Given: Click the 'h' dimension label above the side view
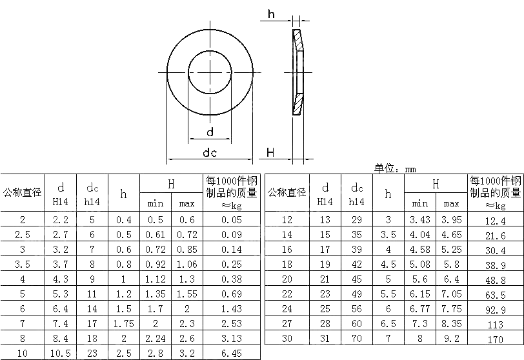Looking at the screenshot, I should [x=271, y=14].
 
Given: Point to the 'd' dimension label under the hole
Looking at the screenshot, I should [x=210, y=132].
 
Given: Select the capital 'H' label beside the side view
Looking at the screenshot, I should [x=270, y=152].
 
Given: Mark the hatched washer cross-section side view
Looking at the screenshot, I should [x=297, y=72].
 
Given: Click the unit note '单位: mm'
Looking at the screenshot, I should [x=395, y=168].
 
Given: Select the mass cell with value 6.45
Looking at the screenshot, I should [x=232, y=353].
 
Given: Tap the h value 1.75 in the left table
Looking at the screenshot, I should [x=123, y=323].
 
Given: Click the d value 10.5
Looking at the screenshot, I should [x=61, y=353].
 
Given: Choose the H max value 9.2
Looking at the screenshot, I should [x=451, y=337].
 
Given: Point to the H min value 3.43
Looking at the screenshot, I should [x=420, y=220].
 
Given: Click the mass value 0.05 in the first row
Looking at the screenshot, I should [x=232, y=220].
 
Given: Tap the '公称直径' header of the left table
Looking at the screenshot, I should [x=23, y=192].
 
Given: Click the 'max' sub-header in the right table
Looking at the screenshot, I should [x=451, y=203].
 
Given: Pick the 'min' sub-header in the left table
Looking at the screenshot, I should [x=156, y=203].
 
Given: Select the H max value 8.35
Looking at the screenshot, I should [x=451, y=323].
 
